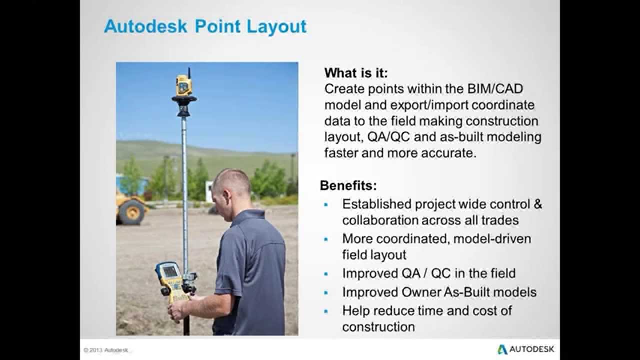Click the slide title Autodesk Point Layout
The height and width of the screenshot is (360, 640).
pos(205,26)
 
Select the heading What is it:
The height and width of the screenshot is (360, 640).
pos(355,73)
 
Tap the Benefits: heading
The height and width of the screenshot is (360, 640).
pos(348,186)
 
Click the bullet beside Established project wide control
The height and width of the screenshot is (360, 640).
pos(326,204)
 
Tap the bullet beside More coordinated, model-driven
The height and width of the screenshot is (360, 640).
pos(326,239)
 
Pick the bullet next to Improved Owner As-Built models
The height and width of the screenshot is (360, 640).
pos(326,292)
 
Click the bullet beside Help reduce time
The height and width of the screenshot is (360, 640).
pos(326,311)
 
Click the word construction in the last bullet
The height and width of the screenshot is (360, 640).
pos(378,327)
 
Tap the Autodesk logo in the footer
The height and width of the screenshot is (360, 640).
pos(525,349)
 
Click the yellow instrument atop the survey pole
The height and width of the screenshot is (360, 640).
pos(183,85)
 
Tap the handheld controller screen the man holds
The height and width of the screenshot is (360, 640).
pos(170,272)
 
